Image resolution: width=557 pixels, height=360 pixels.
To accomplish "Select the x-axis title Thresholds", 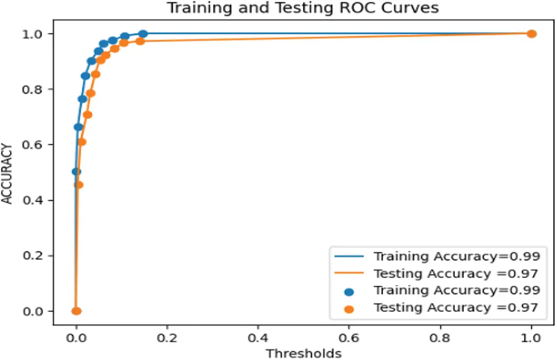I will [x=303, y=354].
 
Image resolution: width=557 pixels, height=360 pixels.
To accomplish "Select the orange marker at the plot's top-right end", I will [x=531, y=34].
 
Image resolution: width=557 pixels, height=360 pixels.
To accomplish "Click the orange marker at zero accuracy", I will [x=76, y=311].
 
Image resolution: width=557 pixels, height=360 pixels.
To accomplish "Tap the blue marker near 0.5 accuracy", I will [x=76, y=172].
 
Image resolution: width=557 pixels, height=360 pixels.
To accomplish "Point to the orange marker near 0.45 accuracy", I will [x=78, y=184].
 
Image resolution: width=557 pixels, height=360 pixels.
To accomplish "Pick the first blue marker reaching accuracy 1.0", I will [x=143, y=34].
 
